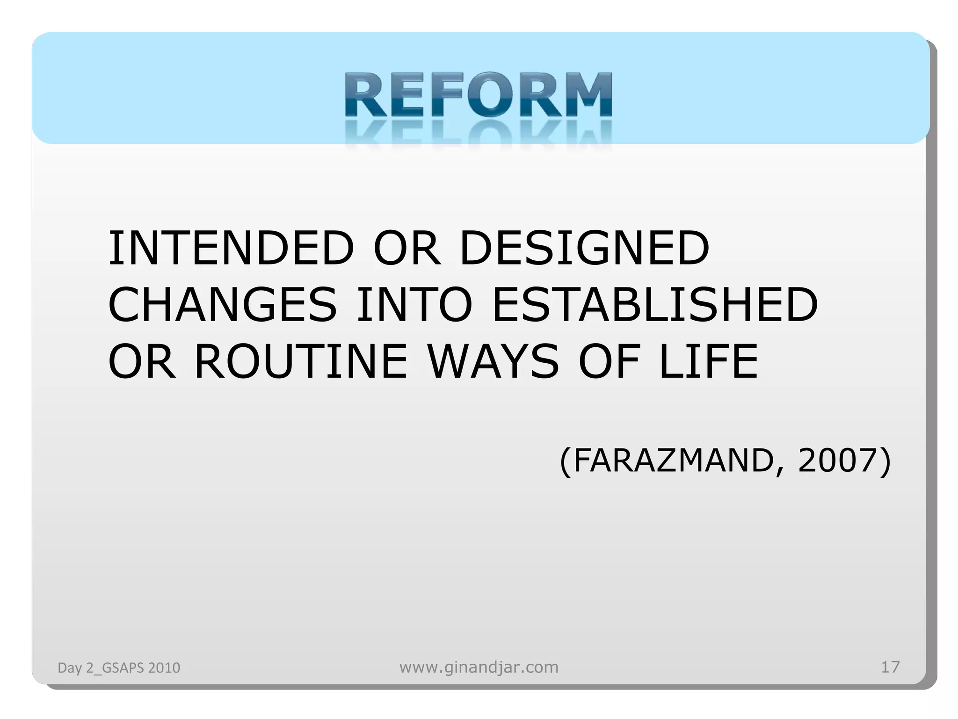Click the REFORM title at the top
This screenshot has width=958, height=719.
478,95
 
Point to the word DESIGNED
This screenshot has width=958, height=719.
585,248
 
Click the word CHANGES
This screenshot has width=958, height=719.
223,305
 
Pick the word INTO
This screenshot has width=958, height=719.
414,305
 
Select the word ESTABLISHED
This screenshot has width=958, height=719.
655,305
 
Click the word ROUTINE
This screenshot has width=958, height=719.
301,361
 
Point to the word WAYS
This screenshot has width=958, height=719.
494,361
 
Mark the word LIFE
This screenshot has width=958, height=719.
708,361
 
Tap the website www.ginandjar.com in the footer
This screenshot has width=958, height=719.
479,667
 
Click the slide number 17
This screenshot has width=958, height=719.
890,667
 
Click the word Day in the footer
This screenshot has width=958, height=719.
70,668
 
